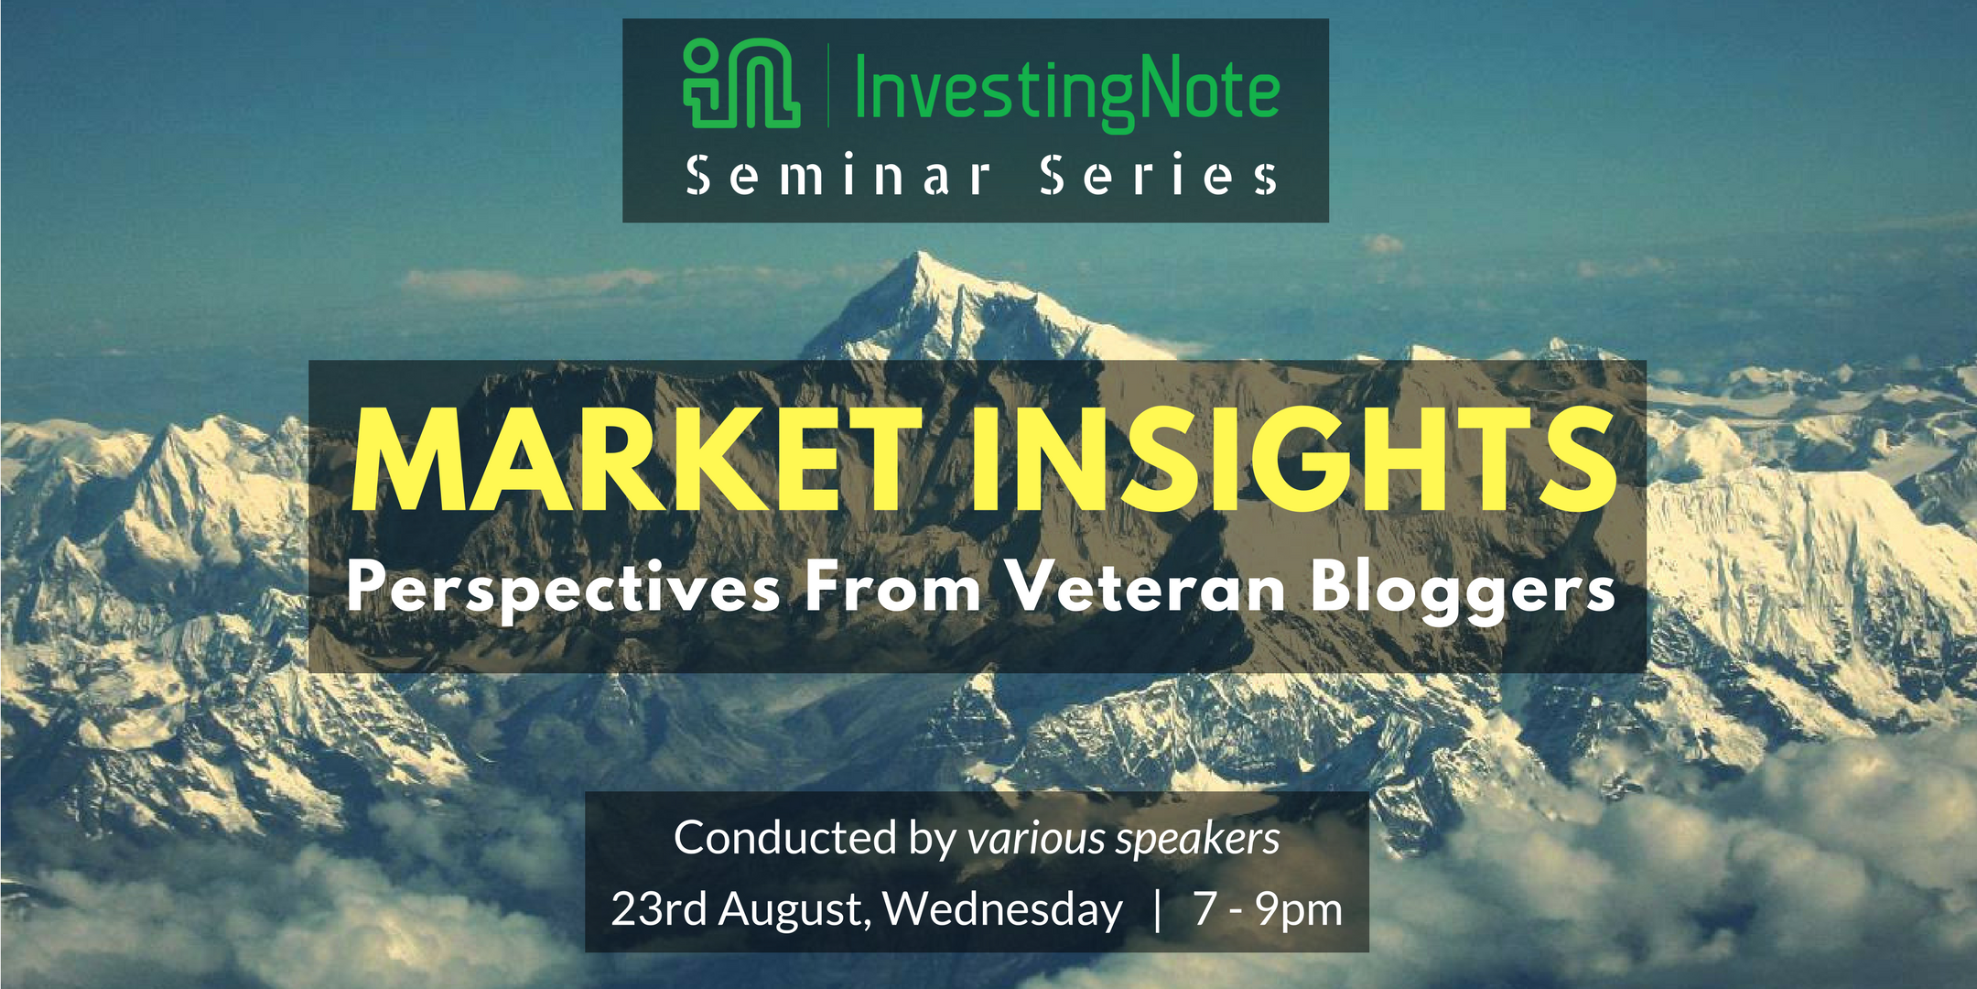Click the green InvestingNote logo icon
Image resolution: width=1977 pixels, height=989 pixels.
pyautogui.click(x=741, y=83)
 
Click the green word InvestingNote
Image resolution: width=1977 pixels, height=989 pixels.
pyautogui.click(x=1066, y=92)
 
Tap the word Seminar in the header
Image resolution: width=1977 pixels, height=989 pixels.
pyautogui.click(x=838, y=175)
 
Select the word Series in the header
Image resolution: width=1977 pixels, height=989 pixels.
pyautogui.click(x=1159, y=175)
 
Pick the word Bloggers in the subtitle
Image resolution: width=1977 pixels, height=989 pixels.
pyautogui.click(x=1463, y=591)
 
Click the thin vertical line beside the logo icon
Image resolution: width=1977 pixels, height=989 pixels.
pyautogui.click(x=828, y=84)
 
